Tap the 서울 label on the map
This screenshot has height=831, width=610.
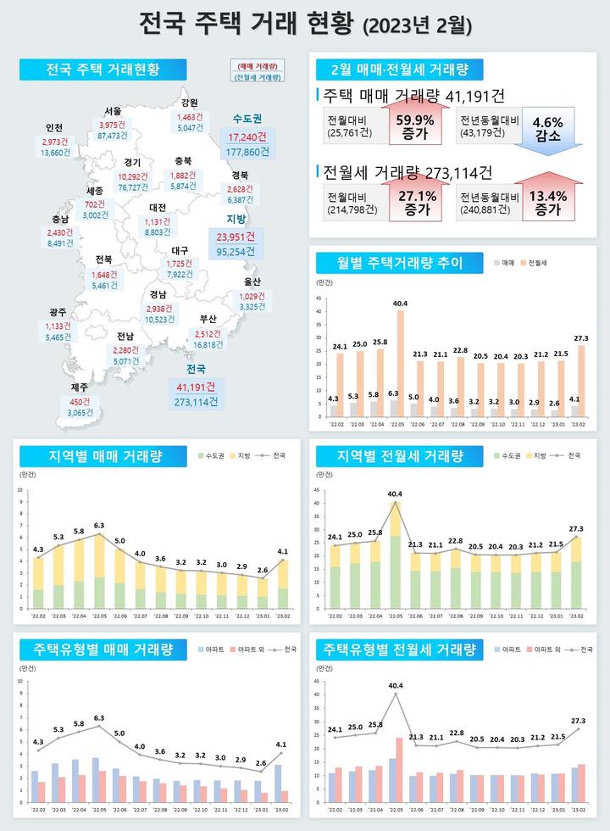(114, 111)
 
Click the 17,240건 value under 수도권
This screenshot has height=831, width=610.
(248, 136)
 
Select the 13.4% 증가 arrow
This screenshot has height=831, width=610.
(547, 202)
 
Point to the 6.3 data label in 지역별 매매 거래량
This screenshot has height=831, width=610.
(99, 526)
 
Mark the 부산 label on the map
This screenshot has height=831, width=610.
(208, 319)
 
